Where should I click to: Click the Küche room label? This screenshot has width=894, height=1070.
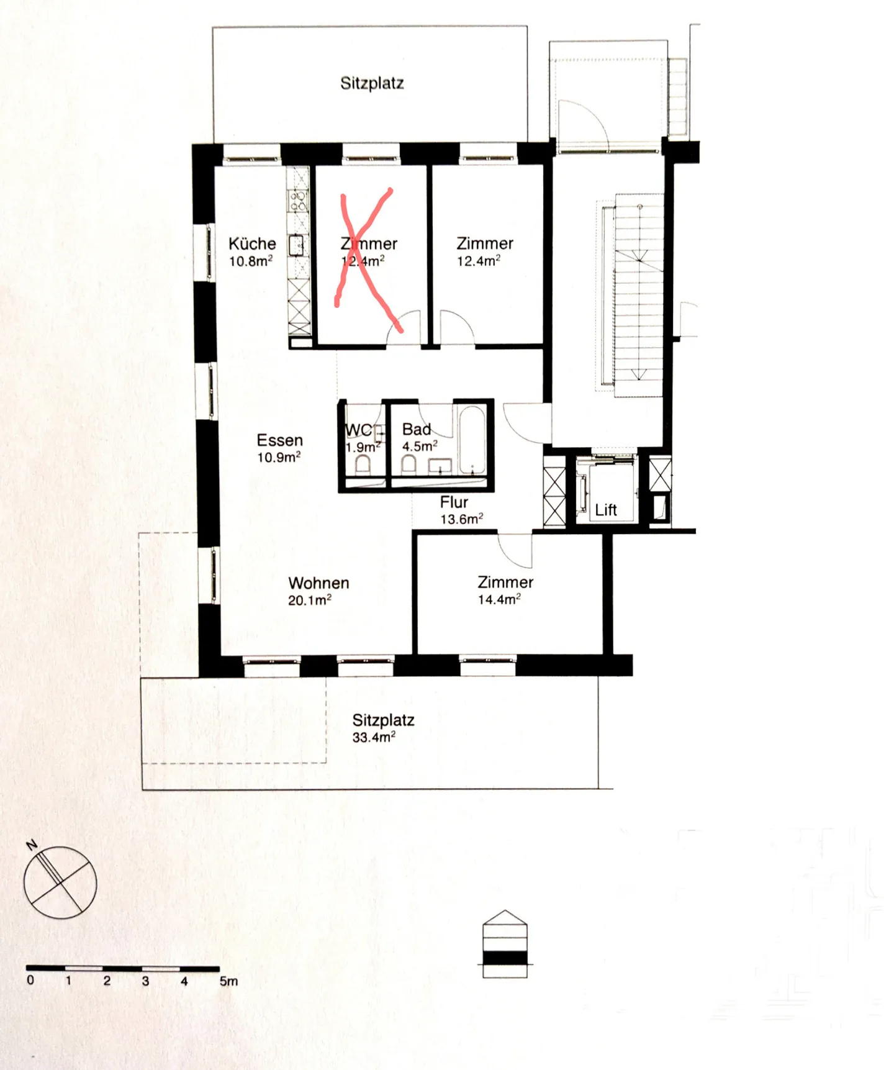pyautogui.click(x=252, y=243)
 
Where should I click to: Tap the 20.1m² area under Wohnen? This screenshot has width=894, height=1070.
pyautogui.click(x=309, y=601)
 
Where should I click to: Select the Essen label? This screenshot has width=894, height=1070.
pyautogui.click(x=279, y=440)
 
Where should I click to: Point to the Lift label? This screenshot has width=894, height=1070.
pyautogui.click(x=605, y=510)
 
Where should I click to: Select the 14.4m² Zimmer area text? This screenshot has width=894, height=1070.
pyautogui.click(x=499, y=600)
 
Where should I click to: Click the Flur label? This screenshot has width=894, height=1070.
pyautogui.click(x=454, y=502)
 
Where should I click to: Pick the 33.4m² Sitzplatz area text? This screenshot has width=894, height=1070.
pyautogui.click(x=374, y=738)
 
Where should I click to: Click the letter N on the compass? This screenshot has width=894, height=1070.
pyautogui.click(x=32, y=845)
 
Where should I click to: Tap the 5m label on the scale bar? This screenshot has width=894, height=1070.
pyautogui.click(x=228, y=982)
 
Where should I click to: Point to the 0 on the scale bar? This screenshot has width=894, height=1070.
pyautogui.click(x=30, y=981)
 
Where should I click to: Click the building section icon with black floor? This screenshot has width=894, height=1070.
pyautogui.click(x=505, y=945)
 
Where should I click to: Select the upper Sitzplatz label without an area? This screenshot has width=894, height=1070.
pyautogui.click(x=372, y=83)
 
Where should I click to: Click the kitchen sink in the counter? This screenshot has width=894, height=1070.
pyautogui.click(x=297, y=245)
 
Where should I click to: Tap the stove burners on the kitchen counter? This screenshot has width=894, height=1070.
pyautogui.click(x=299, y=201)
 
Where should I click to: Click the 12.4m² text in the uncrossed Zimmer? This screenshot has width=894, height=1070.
pyautogui.click(x=478, y=261)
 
